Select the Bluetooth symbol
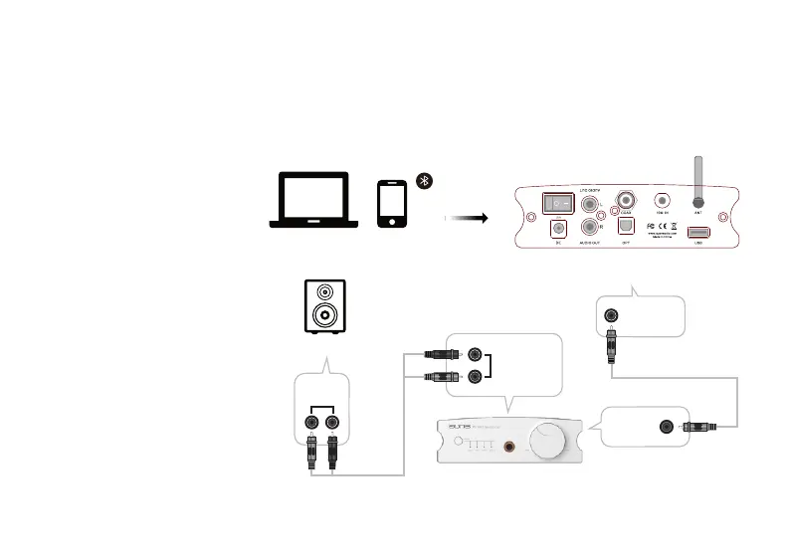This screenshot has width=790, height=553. pos(423,180)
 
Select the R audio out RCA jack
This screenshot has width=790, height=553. pos(593,230)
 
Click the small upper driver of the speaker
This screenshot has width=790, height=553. pos(325,294)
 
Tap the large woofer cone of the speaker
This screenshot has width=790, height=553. pos(325,317)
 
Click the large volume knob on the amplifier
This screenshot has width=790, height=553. pos(548,439)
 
